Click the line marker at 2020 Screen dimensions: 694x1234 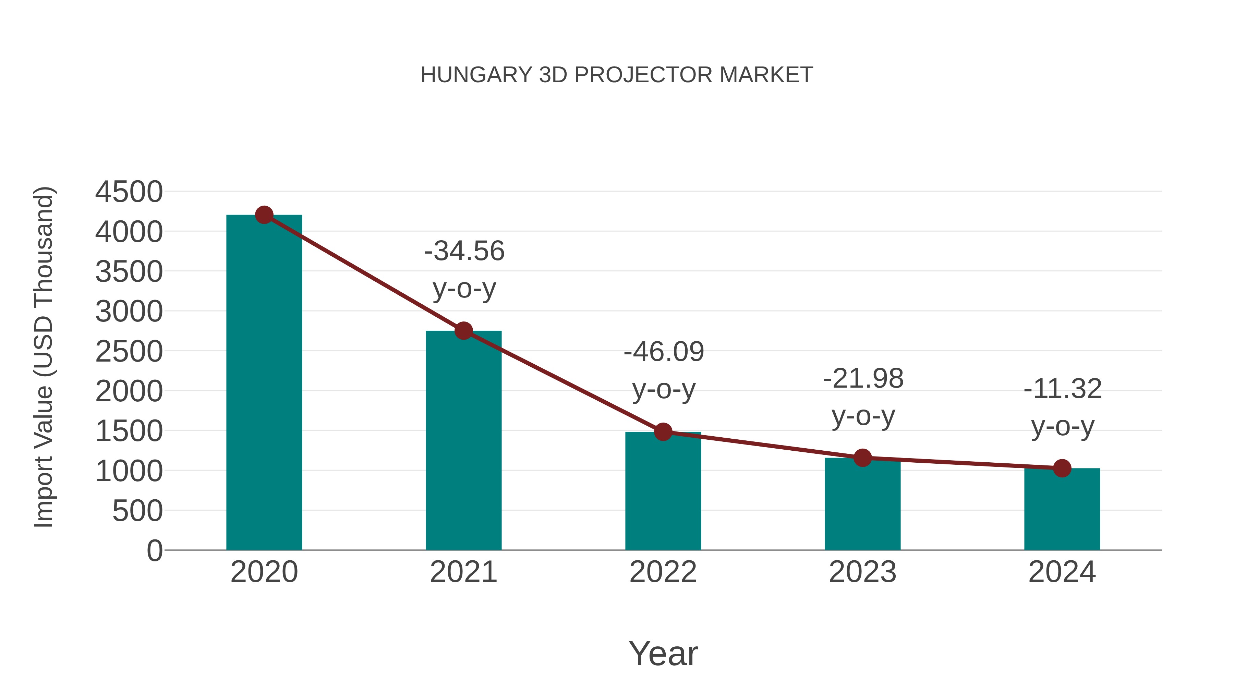[264, 215]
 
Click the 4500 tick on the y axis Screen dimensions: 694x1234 [129, 192]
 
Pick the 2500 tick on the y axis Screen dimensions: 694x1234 [129, 352]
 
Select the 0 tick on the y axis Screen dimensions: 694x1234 [154, 550]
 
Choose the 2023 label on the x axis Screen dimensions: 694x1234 [862, 572]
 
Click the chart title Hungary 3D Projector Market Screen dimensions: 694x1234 [617, 75]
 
